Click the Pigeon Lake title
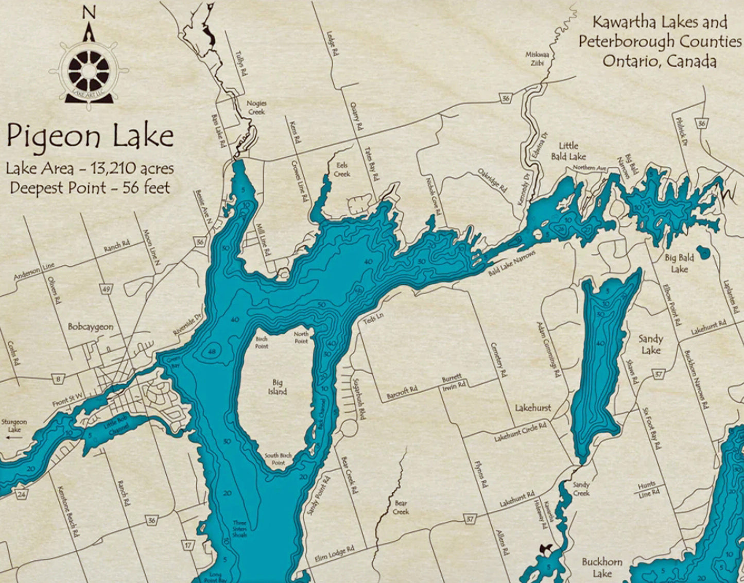(x=90, y=136)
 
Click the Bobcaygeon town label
(x=91, y=327)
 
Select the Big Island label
(x=277, y=387)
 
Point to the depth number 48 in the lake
(x=212, y=351)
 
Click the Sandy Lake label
(x=650, y=344)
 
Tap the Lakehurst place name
(x=533, y=408)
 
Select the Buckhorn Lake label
(x=602, y=567)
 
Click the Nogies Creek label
(x=256, y=107)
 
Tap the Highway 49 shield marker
(x=106, y=289)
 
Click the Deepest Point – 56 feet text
(x=90, y=187)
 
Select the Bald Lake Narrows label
(x=512, y=263)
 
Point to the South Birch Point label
(x=279, y=459)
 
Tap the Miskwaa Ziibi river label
(x=534, y=58)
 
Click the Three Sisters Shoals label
(x=239, y=528)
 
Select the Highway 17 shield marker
(x=188, y=545)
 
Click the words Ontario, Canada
(x=660, y=61)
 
